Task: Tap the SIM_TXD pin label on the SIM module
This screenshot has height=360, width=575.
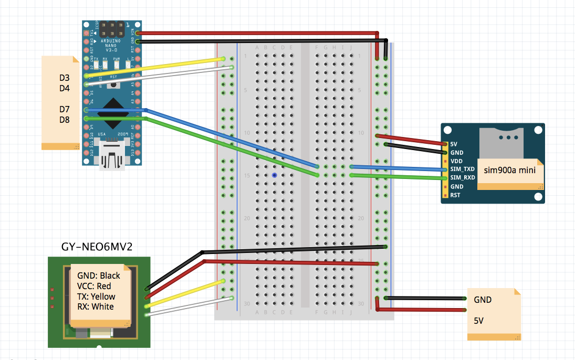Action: tap(462, 169)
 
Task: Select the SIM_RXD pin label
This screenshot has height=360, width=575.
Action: tap(462, 177)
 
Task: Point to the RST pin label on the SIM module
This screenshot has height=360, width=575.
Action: tap(455, 195)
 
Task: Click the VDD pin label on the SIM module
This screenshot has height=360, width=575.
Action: tap(456, 161)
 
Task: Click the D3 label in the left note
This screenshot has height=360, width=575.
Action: tap(65, 78)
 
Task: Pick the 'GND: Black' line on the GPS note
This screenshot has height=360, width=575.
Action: tap(99, 276)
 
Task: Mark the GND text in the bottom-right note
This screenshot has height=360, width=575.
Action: tap(483, 300)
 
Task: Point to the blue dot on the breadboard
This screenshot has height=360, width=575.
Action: tap(274, 175)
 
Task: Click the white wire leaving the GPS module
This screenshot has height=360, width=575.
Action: tap(184, 306)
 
